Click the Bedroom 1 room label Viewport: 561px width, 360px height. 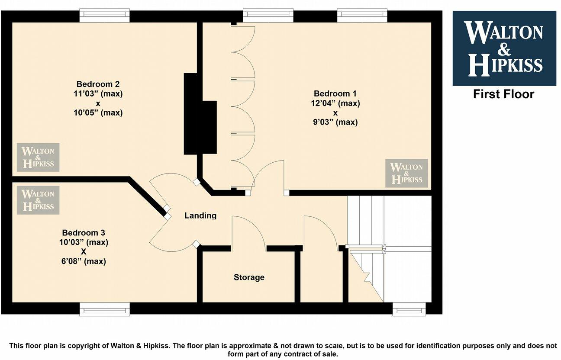pos(335,94)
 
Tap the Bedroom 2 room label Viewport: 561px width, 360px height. pos(98,84)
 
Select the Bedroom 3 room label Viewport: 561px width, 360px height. pos(83,233)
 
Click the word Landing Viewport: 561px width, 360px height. pos(200,215)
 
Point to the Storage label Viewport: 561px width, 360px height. pos(249,277)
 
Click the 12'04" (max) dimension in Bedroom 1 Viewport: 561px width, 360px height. pos(335,103)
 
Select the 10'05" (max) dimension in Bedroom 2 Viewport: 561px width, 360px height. pos(98,113)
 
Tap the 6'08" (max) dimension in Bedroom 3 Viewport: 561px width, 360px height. pos(83,261)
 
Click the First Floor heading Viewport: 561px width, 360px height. pos(503,94)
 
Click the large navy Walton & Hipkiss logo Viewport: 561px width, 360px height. pos(504,48)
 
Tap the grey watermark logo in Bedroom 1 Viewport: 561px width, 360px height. pos(406,173)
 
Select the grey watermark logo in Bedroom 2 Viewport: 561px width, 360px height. pos(38,157)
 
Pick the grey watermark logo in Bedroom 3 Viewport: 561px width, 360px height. pos(38,200)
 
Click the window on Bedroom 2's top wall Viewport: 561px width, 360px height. pos(104,16)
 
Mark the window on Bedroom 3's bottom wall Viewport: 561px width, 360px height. pos(104,309)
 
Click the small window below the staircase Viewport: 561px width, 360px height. pos(409,309)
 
